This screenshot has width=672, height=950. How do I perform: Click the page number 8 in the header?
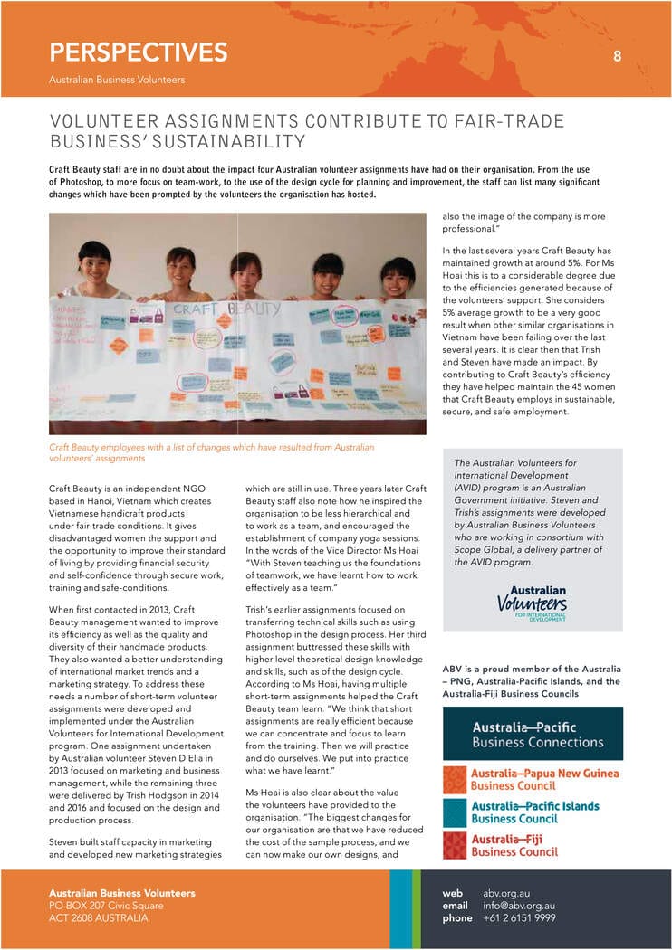[617, 56]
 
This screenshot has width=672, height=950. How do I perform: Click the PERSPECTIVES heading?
[138, 52]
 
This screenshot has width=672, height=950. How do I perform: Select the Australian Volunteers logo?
[533, 603]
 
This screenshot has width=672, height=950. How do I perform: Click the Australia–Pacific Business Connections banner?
[533, 734]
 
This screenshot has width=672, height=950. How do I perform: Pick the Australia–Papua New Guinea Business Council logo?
[533, 780]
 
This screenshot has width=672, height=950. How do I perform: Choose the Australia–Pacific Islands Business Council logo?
[533, 812]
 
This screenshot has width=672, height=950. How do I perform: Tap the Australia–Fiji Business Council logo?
[533, 845]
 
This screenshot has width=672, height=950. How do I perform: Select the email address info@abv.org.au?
[519, 906]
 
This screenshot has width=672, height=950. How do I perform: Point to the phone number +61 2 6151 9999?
[520, 918]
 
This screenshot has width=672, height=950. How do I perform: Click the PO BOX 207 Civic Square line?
[106, 906]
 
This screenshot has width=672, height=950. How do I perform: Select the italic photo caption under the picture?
[211, 452]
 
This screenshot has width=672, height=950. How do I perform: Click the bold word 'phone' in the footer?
[457, 918]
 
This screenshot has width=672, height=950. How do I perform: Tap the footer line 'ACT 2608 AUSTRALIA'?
[99, 918]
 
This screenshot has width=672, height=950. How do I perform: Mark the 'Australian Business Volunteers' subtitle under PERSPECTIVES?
[117, 80]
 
